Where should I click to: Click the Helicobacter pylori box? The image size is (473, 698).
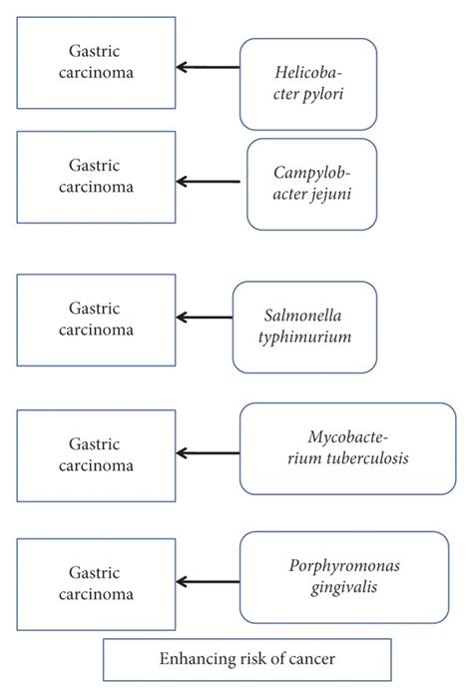click(308, 84)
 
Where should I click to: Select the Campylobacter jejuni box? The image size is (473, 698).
click(312, 185)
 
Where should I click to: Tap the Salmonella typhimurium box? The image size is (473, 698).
click(304, 328)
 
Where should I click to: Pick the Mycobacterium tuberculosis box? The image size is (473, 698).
click(348, 448)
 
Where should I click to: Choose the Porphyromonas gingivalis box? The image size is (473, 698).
click(344, 577)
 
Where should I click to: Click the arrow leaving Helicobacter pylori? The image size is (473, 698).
click(208, 67)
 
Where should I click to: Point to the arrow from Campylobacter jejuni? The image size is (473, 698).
click(208, 182)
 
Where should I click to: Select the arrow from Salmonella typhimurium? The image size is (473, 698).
click(205, 318)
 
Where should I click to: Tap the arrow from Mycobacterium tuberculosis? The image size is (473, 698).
click(208, 453)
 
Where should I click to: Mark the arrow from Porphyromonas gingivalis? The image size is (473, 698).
click(208, 581)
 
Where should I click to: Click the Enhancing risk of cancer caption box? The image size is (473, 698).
click(247, 660)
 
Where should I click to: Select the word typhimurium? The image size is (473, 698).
click(304, 338)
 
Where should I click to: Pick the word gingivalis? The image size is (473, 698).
click(344, 587)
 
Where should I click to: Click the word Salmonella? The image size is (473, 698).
click(302, 316)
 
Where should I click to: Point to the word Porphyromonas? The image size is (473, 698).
click(344, 566)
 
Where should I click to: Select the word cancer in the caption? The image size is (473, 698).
click(311, 659)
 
